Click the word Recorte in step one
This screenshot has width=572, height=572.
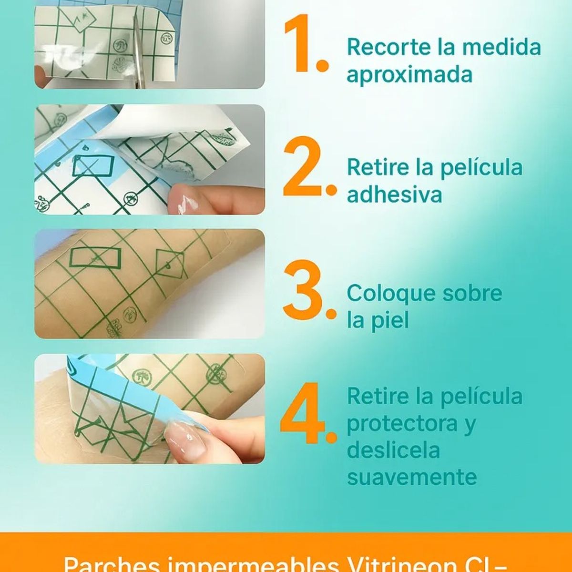tap(388, 47)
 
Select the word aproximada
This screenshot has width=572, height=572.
tap(409, 75)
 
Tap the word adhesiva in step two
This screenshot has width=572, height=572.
tap(394, 194)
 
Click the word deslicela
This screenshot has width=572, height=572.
tap(393, 450)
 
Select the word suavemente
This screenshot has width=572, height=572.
tap(412, 477)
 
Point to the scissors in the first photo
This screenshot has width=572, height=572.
tap(138, 52)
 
